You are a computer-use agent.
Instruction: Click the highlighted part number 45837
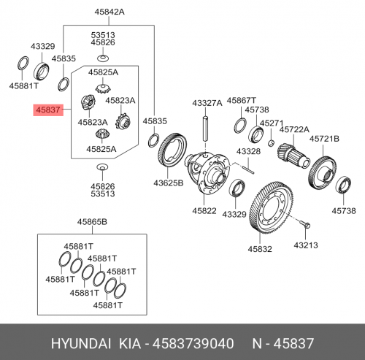(x=48, y=110)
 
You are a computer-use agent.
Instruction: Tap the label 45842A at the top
(x=109, y=12)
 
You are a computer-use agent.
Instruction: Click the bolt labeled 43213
(x=305, y=224)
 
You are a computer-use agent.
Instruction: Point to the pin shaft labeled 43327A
(x=206, y=129)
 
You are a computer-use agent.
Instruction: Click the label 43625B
(x=168, y=183)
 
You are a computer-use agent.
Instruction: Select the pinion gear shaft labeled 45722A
(x=293, y=156)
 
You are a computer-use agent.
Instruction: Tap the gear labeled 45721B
(x=322, y=173)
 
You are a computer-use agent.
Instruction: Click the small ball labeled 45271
(x=272, y=143)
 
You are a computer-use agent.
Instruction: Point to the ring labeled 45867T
(x=240, y=126)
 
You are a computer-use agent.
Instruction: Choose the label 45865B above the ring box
(x=92, y=222)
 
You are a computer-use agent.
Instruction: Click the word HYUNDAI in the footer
(x=81, y=343)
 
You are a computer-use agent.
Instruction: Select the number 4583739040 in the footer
(x=193, y=343)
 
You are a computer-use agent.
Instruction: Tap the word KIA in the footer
(x=130, y=343)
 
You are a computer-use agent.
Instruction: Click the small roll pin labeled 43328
(x=249, y=170)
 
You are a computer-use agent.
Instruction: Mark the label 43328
(x=248, y=151)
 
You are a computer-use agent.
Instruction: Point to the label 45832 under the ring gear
(x=260, y=249)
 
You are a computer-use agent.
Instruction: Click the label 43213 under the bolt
(x=306, y=245)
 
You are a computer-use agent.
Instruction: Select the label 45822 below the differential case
(x=204, y=210)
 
